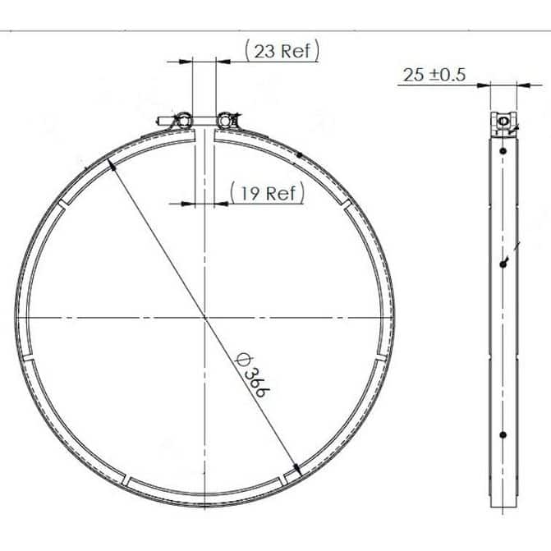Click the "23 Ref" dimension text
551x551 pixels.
pyautogui.click(x=282, y=51)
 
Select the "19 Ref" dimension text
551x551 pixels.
pyautogui.click(x=268, y=193)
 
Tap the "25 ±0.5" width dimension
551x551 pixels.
pyautogui.click(x=434, y=75)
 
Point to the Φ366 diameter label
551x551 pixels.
pyautogui.click(x=253, y=374)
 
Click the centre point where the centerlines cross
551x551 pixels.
pyautogui.click(x=204, y=318)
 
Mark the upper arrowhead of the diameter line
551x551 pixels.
pyautogui.click(x=112, y=164)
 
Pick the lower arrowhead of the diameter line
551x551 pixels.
pyautogui.click(x=297, y=471)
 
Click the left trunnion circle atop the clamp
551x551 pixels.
pyautogui.click(x=184, y=121)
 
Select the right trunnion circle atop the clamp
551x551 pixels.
pyautogui.click(x=224, y=121)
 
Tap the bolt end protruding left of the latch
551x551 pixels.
pyautogui.click(x=162, y=122)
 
